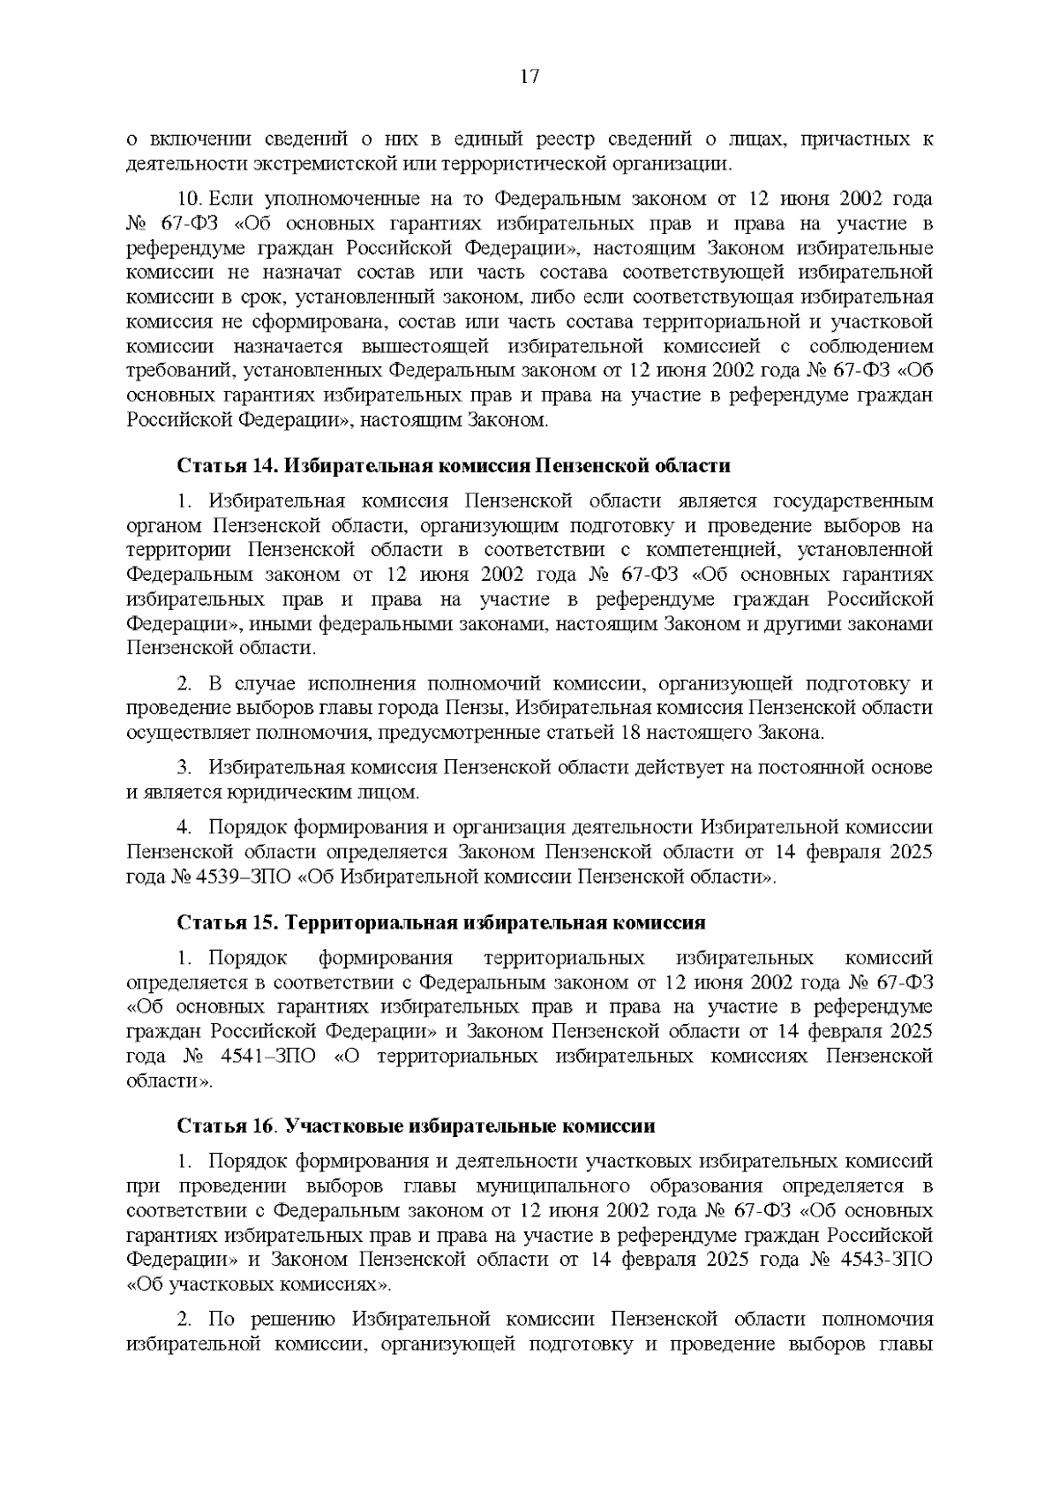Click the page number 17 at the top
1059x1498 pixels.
[x=529, y=77]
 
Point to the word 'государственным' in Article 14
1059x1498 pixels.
[x=852, y=501]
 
